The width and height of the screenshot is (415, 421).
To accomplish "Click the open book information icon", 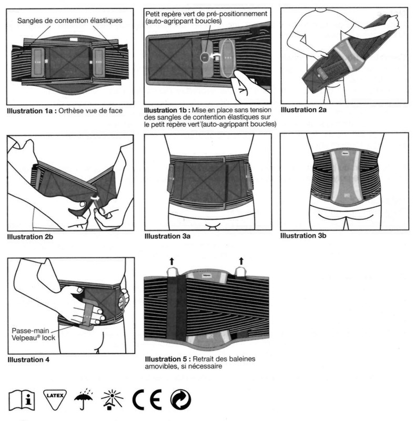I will (22, 402).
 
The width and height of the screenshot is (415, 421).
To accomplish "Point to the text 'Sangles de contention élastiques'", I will (69, 21).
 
